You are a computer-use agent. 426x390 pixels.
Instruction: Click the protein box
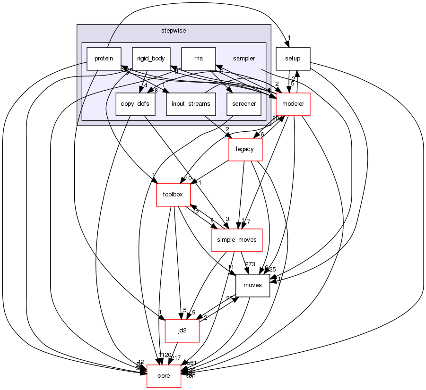tap(104, 59)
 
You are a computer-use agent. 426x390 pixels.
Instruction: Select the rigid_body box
tap(151, 59)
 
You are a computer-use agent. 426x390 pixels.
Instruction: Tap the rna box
tap(199, 59)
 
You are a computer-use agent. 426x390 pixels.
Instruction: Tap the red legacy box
tap(245, 150)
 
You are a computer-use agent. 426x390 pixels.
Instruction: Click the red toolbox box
tap(173, 195)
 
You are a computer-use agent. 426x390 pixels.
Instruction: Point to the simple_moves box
tap(236, 240)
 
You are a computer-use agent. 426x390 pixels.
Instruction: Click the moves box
tap(252, 285)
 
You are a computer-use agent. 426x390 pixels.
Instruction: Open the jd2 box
tap(182, 331)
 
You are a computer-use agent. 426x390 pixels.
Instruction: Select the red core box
tap(164, 376)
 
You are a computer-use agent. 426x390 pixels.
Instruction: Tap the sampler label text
tap(244, 59)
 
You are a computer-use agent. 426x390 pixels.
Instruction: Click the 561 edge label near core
tap(191, 363)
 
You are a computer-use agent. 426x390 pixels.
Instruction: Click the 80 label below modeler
tap(275, 119)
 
